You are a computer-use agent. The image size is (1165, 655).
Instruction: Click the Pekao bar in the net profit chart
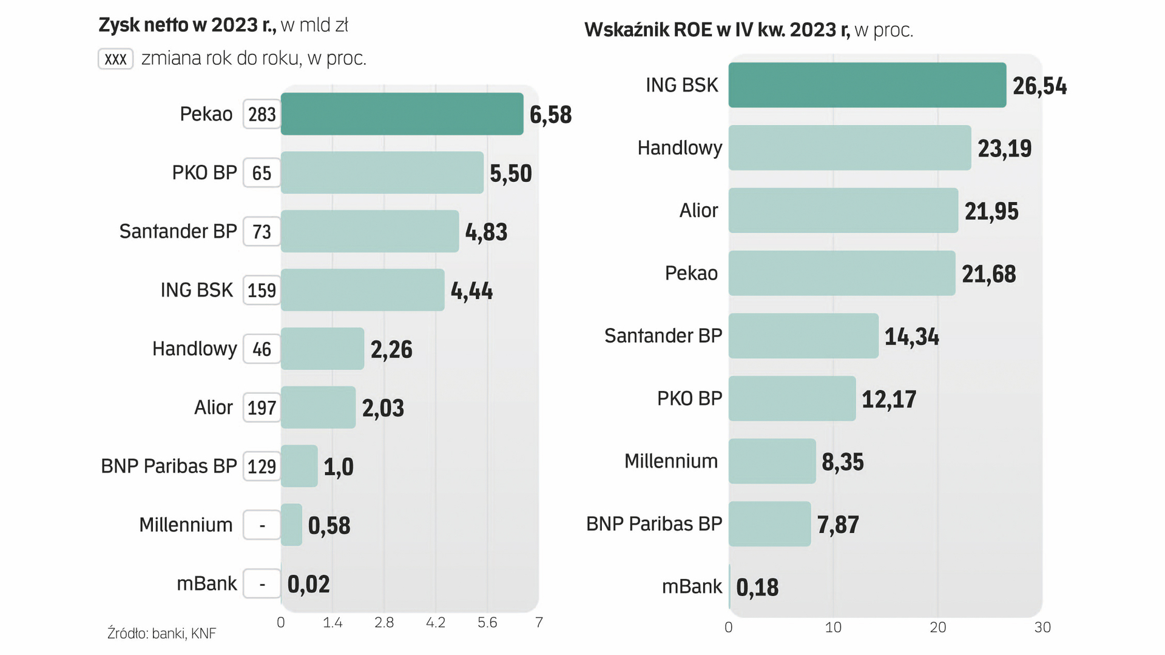click(x=402, y=114)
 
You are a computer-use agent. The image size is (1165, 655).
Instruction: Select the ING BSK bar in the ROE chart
click(x=867, y=85)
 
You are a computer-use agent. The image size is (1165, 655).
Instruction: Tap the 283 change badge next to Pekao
click(x=262, y=115)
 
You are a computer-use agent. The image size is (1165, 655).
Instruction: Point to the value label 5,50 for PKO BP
click(x=510, y=173)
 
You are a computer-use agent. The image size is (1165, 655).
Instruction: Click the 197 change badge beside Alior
click(x=262, y=408)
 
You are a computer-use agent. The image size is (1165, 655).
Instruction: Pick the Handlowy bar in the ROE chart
click(x=849, y=148)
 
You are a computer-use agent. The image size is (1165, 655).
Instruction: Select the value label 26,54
click(x=1039, y=86)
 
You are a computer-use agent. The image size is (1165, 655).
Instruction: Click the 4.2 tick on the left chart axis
click(x=436, y=623)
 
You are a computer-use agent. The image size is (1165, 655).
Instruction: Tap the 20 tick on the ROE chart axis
click(x=937, y=628)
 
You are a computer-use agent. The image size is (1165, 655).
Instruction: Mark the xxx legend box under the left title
click(x=115, y=59)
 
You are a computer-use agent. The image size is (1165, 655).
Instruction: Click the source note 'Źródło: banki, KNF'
click(x=161, y=634)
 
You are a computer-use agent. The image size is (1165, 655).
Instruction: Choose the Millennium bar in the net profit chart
click(x=292, y=525)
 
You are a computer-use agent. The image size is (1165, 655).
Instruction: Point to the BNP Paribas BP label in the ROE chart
click(x=653, y=524)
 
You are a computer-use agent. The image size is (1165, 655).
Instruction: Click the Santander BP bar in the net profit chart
click(x=370, y=231)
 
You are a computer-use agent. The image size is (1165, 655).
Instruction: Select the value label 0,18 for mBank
click(x=757, y=587)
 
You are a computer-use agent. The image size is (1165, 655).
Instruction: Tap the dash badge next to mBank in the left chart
click(x=262, y=583)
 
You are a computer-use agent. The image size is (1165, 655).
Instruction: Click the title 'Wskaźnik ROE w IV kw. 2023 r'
click(x=717, y=30)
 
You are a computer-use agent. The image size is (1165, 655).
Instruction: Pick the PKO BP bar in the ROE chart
click(x=792, y=398)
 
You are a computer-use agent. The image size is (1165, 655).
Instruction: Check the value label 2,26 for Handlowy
click(x=391, y=349)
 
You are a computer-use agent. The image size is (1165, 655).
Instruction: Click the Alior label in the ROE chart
click(x=698, y=210)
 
